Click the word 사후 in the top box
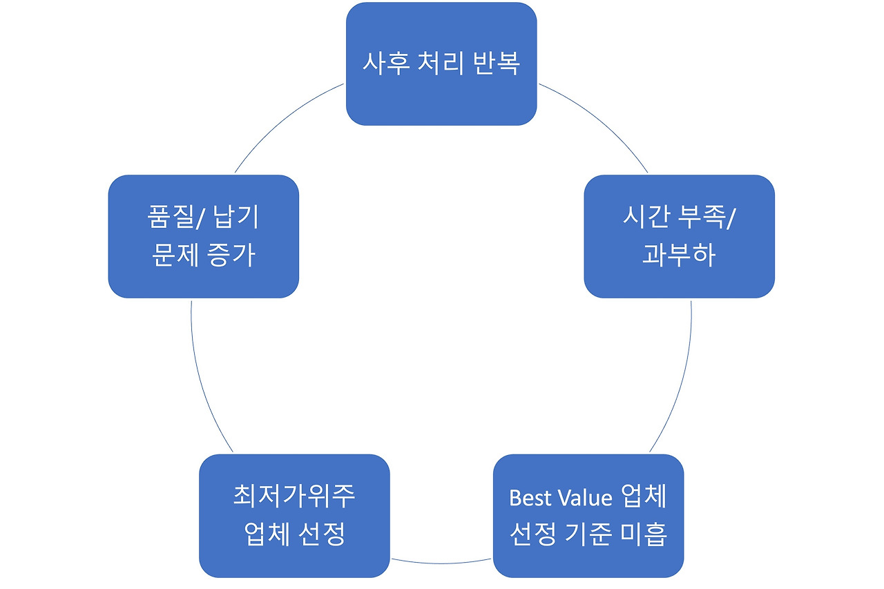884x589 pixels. point(385,64)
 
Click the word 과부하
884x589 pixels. point(678,255)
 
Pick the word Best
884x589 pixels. point(532,497)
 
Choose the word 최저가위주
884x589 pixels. point(294,496)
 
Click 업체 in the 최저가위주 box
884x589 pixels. point(266,534)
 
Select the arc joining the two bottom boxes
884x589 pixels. point(441,563)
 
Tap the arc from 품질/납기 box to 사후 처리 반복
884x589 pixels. point(283,122)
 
